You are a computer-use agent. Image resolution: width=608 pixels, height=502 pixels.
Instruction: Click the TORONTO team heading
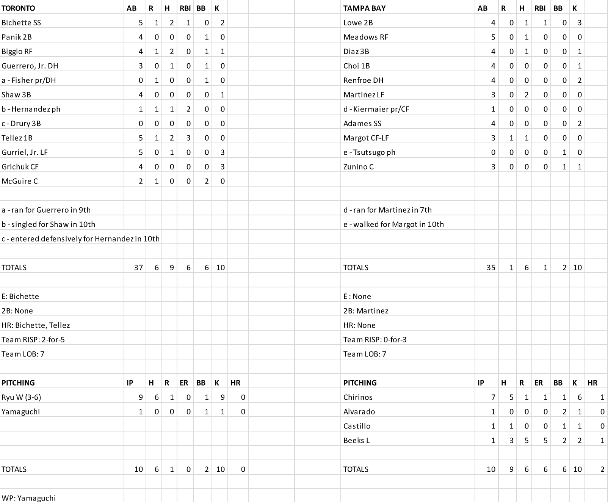[18, 8]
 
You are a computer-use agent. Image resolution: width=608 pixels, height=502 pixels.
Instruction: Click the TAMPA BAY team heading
[364, 8]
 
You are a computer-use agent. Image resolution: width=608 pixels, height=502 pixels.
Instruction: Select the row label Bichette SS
[21, 23]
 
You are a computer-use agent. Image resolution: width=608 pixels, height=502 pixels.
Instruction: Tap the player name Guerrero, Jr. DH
[30, 66]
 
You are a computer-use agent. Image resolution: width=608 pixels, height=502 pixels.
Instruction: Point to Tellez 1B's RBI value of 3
[188, 138]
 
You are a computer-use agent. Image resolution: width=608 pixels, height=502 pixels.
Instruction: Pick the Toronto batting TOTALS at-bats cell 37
[138, 268]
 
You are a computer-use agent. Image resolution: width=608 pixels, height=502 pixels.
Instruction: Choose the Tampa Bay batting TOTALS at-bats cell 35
[490, 268]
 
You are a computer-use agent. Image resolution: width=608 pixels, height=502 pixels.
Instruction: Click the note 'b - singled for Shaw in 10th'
[48, 224]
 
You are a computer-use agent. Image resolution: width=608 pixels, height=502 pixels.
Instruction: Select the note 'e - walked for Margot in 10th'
[393, 224]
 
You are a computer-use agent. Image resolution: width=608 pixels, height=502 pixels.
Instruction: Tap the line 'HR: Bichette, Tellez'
[36, 325]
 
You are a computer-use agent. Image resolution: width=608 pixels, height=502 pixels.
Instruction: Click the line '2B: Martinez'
[366, 311]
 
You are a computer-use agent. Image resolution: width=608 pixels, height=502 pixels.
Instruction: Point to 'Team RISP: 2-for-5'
[33, 340]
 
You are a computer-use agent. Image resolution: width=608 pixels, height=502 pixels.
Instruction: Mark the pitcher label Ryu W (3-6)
[21, 397]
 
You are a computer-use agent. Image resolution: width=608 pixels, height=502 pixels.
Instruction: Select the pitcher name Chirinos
[358, 397]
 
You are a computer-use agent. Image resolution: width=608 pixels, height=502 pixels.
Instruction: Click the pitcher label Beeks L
[356, 441]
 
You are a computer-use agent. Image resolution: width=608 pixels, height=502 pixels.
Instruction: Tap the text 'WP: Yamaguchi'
[28, 498]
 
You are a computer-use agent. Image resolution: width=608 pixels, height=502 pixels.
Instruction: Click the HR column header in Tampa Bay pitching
[592, 383]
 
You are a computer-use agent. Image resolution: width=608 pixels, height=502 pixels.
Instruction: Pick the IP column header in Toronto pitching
[130, 383]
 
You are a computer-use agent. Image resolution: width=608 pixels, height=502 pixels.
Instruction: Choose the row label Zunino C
[358, 167]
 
